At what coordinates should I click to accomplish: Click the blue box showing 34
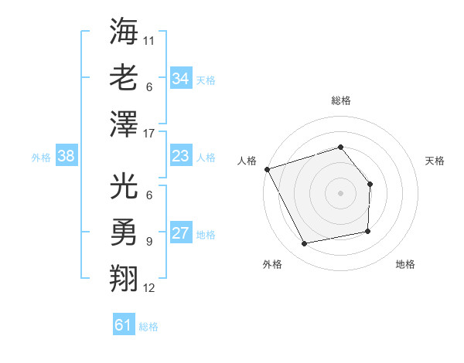click(180, 78)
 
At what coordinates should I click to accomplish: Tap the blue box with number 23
click(180, 157)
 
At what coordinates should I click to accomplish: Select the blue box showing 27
click(180, 234)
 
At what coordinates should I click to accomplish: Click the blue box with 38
click(67, 157)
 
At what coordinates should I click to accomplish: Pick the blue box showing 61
click(124, 326)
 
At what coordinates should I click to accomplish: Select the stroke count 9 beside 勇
click(148, 241)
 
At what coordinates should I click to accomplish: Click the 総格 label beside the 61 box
click(148, 327)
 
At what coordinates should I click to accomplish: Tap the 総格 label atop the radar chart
click(340, 100)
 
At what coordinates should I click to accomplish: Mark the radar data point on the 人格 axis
click(267, 169)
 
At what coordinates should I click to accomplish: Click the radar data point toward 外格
click(305, 244)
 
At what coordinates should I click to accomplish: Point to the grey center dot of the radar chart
click(340, 193)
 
